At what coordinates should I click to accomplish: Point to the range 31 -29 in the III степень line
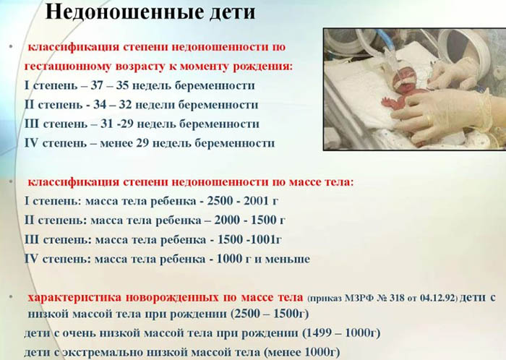click(x=118, y=124)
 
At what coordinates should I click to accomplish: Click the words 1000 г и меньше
click(x=255, y=258)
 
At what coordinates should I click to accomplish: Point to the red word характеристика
click(x=73, y=297)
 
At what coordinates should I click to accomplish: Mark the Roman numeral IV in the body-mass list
click(x=31, y=258)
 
